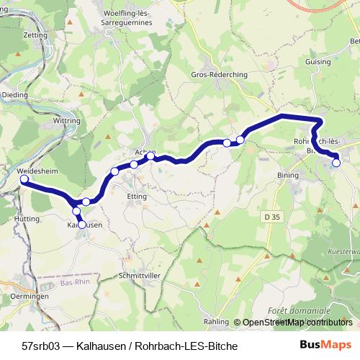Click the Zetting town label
point(15,34)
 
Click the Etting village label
point(136,196)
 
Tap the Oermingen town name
point(29,297)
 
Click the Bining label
point(287,175)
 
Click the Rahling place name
point(217,323)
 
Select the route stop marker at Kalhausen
point(81,225)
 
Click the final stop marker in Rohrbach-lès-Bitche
point(336,163)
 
